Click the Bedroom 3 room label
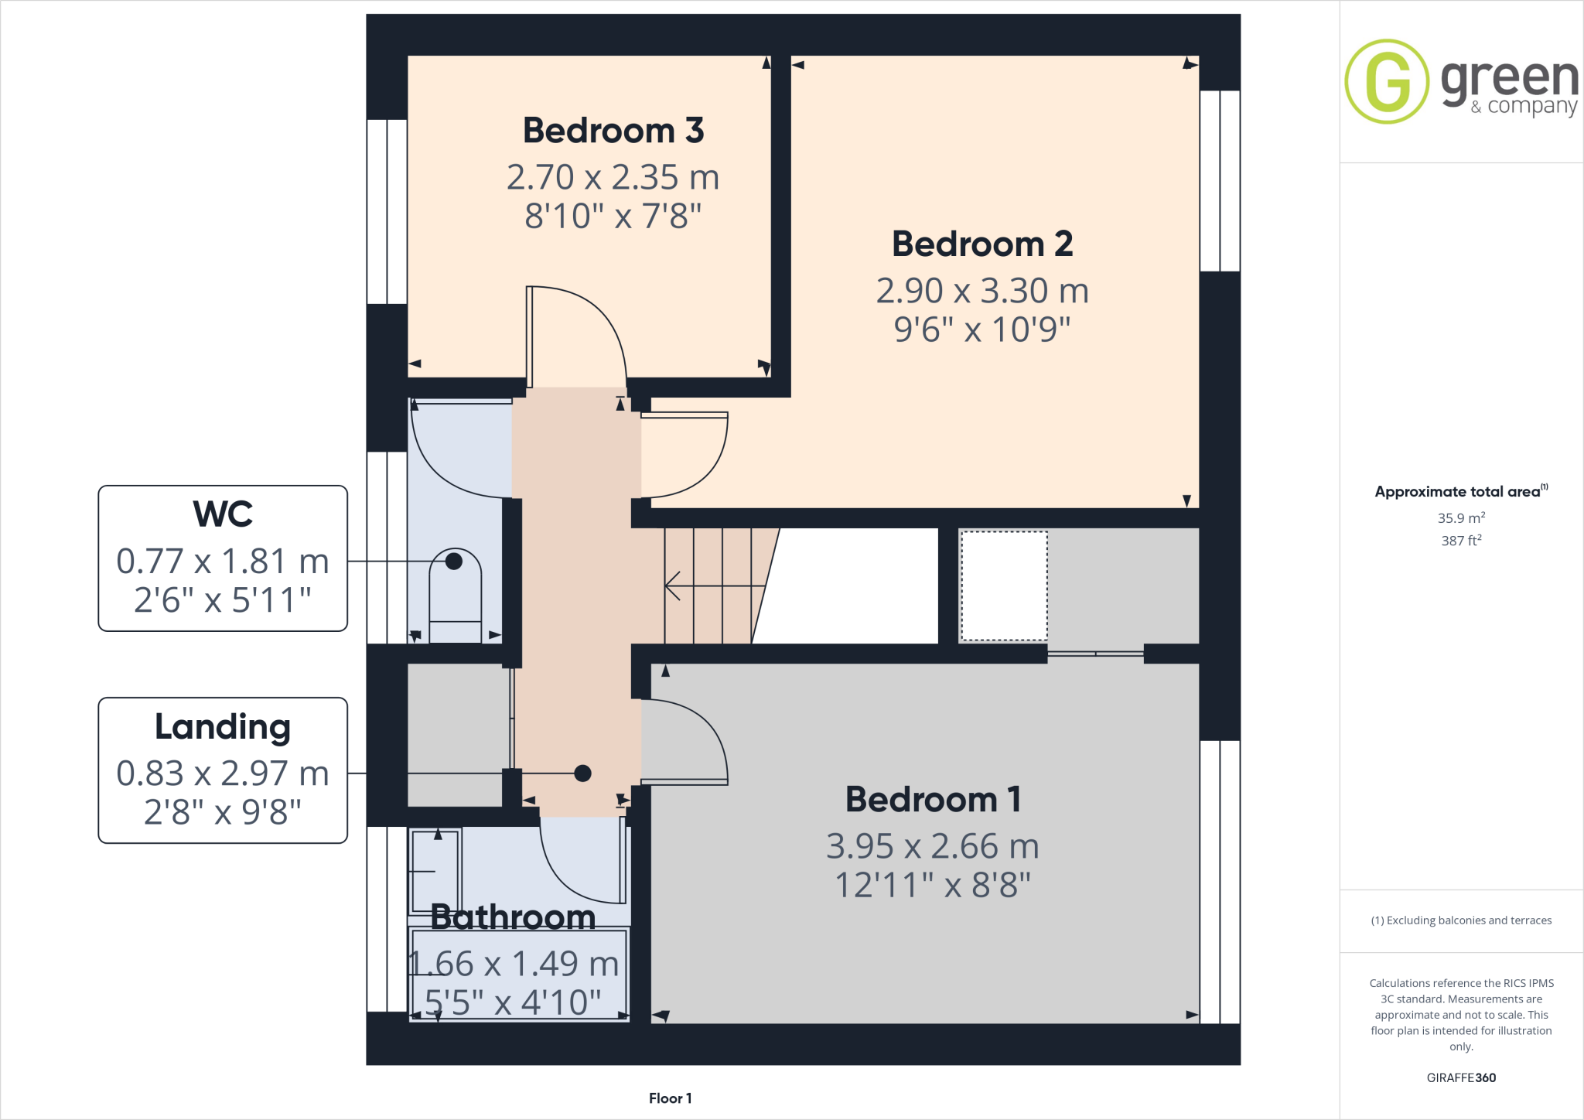pyautogui.click(x=613, y=130)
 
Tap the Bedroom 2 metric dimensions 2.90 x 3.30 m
pyautogui.click(x=981, y=291)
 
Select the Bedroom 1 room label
pyautogui.click(x=933, y=799)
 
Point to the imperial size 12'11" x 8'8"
pyautogui.click(x=933, y=885)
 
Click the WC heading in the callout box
pyautogui.click(x=223, y=514)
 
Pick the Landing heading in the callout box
pyautogui.click(x=223, y=726)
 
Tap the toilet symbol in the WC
pyautogui.click(x=456, y=596)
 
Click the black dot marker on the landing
pyautogui.click(x=583, y=773)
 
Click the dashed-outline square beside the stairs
pyautogui.click(x=1003, y=586)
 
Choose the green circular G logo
pyautogui.click(x=1387, y=81)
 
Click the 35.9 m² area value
pyautogui.click(x=1461, y=518)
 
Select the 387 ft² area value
pyautogui.click(x=1461, y=541)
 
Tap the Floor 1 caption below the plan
pyautogui.click(x=670, y=1098)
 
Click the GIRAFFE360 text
pyautogui.click(x=1461, y=1077)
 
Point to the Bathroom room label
pyautogui.click(x=513, y=917)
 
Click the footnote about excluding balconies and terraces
pyautogui.click(x=1461, y=920)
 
